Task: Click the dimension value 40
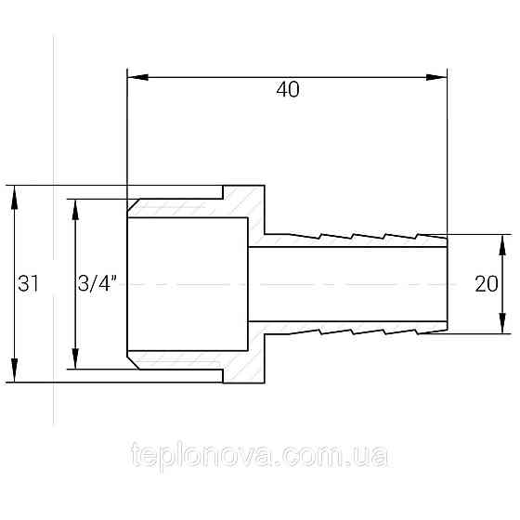287,90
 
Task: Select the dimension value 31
28,284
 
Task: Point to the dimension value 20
485,284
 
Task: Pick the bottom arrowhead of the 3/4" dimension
75,361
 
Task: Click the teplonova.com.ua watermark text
261,457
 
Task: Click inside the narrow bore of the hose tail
353,283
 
